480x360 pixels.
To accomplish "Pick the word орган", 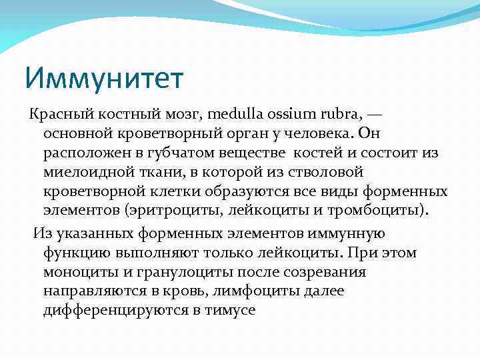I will pos(233,134).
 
